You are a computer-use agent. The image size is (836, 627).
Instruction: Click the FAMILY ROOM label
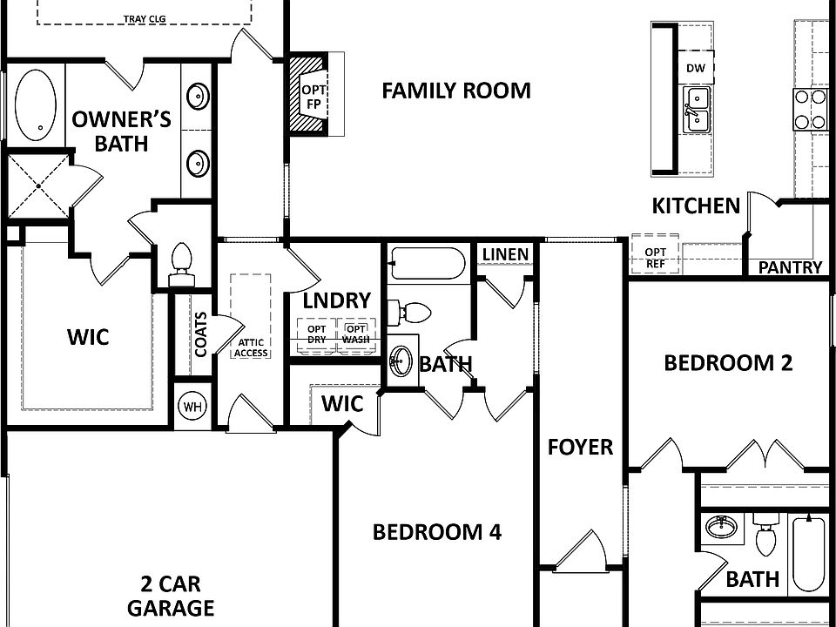tap(456, 91)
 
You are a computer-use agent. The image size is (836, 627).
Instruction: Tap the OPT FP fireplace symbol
tap(312, 96)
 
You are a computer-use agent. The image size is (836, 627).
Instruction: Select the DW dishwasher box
tap(695, 69)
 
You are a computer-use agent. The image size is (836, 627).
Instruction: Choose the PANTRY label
tap(790, 267)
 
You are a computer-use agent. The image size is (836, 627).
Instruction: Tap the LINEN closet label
tap(505, 254)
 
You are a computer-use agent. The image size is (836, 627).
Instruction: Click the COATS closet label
tap(200, 334)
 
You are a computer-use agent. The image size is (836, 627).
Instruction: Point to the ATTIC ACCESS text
tap(251, 348)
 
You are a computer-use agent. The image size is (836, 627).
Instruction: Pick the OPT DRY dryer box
tap(316, 334)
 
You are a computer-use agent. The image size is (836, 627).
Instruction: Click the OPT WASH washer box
tap(354, 334)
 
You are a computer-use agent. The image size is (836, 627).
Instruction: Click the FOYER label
tap(580, 448)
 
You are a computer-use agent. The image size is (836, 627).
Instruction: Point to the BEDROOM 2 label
tap(728, 363)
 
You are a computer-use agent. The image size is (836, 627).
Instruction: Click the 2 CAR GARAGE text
tap(171, 596)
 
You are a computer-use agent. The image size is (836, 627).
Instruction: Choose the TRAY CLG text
tap(145, 17)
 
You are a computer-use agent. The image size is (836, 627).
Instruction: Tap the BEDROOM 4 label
tap(436, 532)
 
